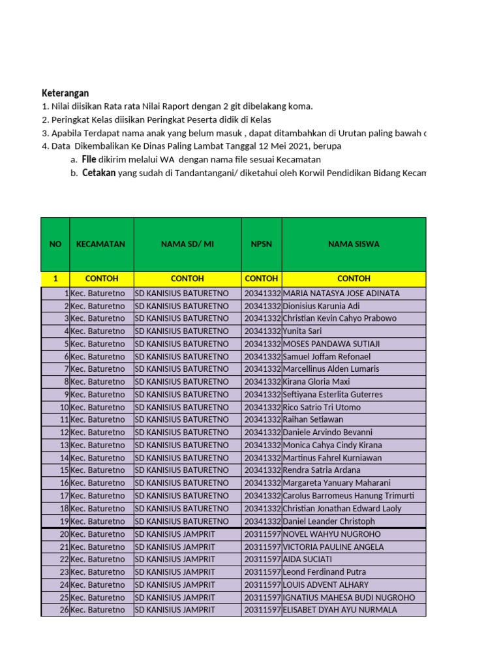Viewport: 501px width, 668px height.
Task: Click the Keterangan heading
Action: tap(65, 93)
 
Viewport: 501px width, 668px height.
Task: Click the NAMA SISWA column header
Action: tap(354, 244)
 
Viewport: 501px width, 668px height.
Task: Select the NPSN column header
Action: tap(261, 244)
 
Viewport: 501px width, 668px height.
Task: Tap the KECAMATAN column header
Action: tap(100, 244)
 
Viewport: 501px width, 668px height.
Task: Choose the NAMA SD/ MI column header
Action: tap(187, 244)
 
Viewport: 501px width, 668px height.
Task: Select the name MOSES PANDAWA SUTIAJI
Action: tap(331, 344)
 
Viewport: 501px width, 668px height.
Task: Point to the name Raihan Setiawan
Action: tap(312, 419)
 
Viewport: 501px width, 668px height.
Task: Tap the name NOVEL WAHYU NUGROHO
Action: tap(331, 534)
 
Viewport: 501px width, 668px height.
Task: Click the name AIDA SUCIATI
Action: tap(307, 559)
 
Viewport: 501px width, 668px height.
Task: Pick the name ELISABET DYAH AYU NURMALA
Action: tap(339, 610)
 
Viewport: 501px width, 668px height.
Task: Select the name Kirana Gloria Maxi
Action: tap(316, 382)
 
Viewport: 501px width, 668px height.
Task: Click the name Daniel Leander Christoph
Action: tap(329, 521)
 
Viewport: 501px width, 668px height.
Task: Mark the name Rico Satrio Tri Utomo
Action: tap(322, 407)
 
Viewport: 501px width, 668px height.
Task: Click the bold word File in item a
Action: tap(89, 159)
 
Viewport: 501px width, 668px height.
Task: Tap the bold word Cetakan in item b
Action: tap(99, 173)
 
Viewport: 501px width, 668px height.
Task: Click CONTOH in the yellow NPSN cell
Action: tap(261, 279)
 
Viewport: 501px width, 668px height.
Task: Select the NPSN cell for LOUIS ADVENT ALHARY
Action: tap(262, 584)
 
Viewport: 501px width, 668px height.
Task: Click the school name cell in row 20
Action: tap(175, 534)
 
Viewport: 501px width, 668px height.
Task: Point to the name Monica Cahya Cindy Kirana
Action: tap(332, 445)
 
